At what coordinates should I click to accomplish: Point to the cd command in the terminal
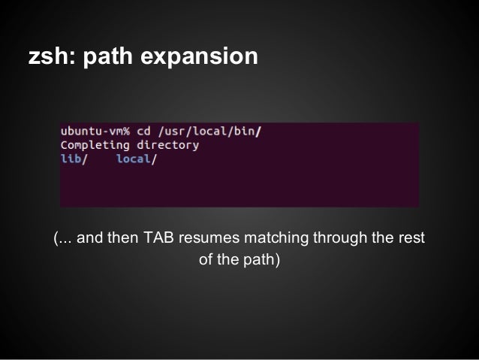(143, 131)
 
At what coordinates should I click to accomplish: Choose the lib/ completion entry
(74, 159)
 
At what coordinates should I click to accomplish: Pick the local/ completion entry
(136, 159)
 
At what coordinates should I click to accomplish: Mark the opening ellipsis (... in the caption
(63, 240)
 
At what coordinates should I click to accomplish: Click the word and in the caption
(89, 239)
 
